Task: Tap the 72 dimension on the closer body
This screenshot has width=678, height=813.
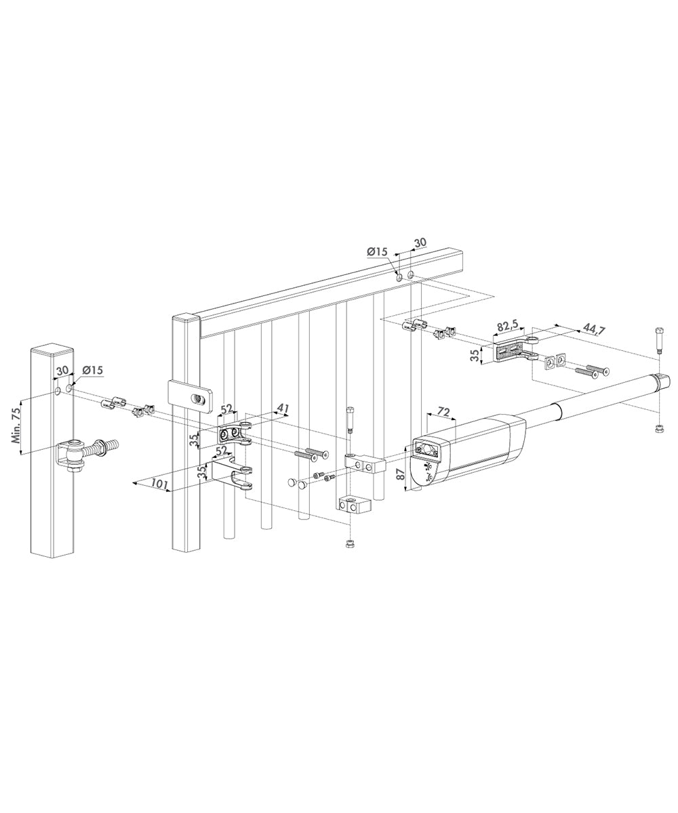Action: (444, 412)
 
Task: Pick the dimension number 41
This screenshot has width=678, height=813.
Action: (282, 409)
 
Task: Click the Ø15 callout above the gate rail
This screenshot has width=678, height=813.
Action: (377, 251)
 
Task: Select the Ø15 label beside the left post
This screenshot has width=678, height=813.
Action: (92, 370)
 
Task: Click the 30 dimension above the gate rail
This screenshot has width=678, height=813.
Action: (420, 242)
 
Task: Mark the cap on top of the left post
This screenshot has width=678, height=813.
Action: (52, 350)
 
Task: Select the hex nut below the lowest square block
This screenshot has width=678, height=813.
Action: (350, 544)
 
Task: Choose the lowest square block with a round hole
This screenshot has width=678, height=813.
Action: (351, 505)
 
